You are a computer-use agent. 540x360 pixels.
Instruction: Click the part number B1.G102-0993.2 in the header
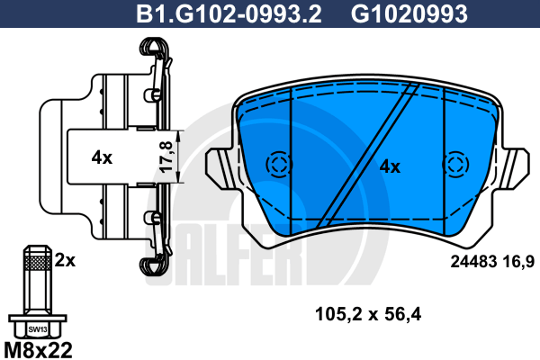[x=229, y=14]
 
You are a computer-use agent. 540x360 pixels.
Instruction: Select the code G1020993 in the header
[x=409, y=14]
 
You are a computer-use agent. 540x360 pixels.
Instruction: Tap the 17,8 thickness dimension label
[x=166, y=157]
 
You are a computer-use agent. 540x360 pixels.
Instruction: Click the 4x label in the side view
[x=102, y=157]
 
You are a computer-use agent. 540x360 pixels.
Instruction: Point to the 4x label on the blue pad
[x=390, y=167]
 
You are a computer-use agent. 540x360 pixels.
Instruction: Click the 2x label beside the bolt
[x=65, y=260]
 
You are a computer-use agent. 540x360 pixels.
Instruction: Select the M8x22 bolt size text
[x=38, y=350]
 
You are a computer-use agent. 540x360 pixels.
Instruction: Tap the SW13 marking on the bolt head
[x=38, y=329]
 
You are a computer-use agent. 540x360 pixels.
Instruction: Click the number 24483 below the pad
[x=474, y=262]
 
